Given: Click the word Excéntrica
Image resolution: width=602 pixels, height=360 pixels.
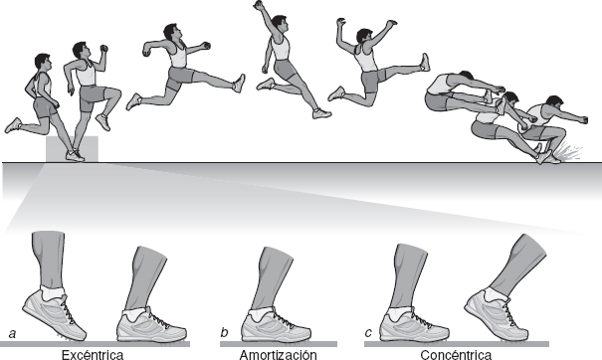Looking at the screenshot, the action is click(93, 355).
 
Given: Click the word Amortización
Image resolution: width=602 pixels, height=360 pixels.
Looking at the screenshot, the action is click(279, 355).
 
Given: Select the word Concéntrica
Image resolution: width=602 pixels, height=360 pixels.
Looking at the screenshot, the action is click(456, 355).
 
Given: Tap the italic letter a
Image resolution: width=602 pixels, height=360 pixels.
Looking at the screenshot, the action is click(12, 334).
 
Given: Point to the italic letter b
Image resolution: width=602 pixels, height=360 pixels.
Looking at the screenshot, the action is click(224, 332).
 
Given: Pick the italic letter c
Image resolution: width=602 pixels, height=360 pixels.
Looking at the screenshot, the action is click(368, 333).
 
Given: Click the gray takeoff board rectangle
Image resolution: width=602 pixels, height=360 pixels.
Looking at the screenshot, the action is click(72, 149).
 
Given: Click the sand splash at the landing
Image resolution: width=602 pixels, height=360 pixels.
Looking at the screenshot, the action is click(570, 151).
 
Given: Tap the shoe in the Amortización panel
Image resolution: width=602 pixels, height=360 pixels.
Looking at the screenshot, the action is click(276, 325).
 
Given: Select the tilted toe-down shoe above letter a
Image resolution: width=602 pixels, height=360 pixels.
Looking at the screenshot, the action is click(54, 314).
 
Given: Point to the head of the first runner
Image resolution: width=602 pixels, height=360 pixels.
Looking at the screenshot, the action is click(42, 62).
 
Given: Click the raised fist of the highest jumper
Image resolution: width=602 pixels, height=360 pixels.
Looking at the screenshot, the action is click(260, 5).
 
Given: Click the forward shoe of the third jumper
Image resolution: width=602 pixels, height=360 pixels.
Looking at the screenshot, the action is click(239, 83).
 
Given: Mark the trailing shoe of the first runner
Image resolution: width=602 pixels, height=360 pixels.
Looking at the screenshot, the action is click(13, 125).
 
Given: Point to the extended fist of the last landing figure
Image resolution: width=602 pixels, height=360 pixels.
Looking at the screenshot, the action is click(584, 119).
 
